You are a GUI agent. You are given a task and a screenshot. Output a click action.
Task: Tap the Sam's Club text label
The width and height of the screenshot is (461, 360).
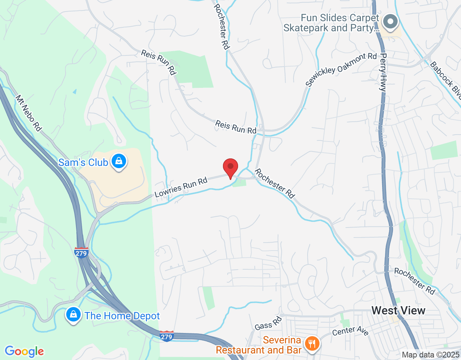click(83, 163)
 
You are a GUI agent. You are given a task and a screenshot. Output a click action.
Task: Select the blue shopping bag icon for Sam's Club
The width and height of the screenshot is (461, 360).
click(118, 161)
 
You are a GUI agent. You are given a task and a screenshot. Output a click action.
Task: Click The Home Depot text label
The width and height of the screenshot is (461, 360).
click(122, 316)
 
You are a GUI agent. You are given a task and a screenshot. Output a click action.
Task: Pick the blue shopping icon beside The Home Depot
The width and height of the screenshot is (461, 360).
click(73, 314)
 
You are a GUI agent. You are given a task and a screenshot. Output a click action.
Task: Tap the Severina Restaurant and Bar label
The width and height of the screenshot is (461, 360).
click(259, 345)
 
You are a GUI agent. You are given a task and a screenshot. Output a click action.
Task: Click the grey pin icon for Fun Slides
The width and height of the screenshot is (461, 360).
click(390, 21)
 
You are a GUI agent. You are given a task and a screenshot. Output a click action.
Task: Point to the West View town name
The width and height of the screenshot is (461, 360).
click(398, 310)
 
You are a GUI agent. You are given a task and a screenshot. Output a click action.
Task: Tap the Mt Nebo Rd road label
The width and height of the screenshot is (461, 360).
click(29, 113)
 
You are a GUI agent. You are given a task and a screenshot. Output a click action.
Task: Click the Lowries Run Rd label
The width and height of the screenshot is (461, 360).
click(181, 187)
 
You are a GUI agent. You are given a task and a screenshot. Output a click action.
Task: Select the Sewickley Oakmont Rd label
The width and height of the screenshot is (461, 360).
click(341, 69)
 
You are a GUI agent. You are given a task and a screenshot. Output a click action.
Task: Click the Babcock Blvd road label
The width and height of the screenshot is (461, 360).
click(446, 81)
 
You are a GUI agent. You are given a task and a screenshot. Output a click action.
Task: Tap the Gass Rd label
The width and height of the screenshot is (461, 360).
click(268, 323)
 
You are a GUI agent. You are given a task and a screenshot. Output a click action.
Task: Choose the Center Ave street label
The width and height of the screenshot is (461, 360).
click(350, 331)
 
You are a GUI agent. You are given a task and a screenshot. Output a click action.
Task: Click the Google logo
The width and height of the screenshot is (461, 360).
click(24, 351)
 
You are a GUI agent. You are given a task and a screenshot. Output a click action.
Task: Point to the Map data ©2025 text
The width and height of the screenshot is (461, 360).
click(430, 355)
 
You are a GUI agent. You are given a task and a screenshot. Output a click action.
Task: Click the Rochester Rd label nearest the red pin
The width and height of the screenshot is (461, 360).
click(275, 183)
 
